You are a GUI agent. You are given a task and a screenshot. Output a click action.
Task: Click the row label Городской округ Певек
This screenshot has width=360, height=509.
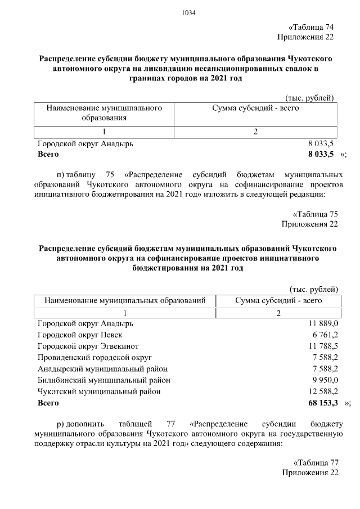coord(76,335)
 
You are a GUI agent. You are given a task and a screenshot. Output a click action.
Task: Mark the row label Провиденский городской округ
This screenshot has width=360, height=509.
coord(94,358)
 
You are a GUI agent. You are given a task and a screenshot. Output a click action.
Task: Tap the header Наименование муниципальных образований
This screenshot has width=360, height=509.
coord(125,301)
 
